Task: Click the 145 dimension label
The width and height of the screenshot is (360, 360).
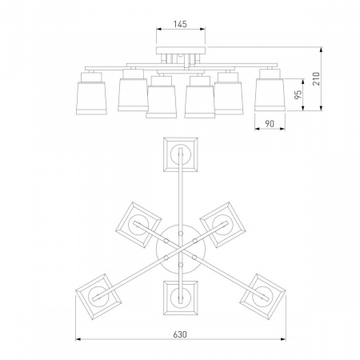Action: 180,24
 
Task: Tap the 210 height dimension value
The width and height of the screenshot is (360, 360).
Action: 316,78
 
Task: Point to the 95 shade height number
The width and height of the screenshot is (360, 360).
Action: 298,94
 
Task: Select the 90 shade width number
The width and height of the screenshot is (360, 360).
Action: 270,124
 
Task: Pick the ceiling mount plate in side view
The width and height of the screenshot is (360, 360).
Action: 181,50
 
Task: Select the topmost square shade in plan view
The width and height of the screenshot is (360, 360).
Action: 181,154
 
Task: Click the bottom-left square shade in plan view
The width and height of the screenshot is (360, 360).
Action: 98,296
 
